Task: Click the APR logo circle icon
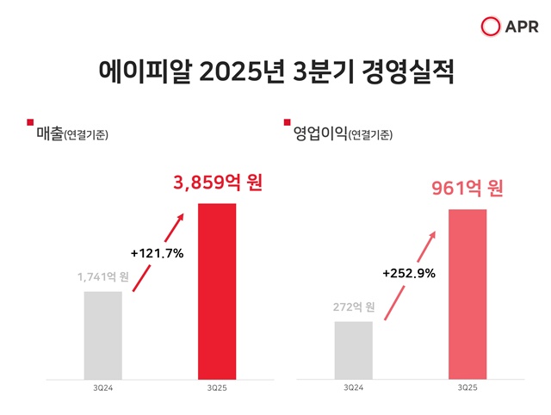pos(492,27)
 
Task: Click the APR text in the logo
pos(518,27)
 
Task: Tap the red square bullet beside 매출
pos(31,123)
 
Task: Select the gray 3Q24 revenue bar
pos(102,335)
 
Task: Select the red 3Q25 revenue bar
pos(217,291)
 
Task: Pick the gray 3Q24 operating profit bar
pos(353,350)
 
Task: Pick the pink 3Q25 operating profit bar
pos(467,294)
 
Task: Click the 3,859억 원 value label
pos(217,183)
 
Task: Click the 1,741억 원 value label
pos(102,276)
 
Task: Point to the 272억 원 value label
pos(353,307)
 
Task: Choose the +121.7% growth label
pos(158,253)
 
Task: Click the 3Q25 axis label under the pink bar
pos(467,389)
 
